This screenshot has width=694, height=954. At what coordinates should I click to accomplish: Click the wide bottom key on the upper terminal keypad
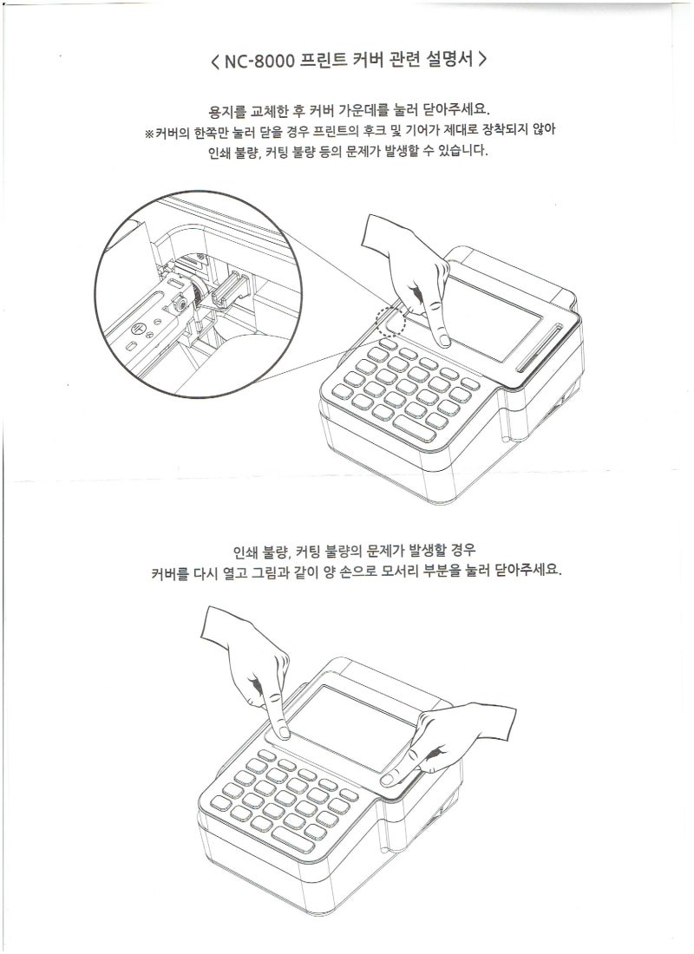tap(415, 428)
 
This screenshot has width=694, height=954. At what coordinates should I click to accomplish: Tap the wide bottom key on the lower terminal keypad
tap(293, 839)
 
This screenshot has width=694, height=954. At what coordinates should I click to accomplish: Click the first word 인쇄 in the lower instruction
tap(246, 552)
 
